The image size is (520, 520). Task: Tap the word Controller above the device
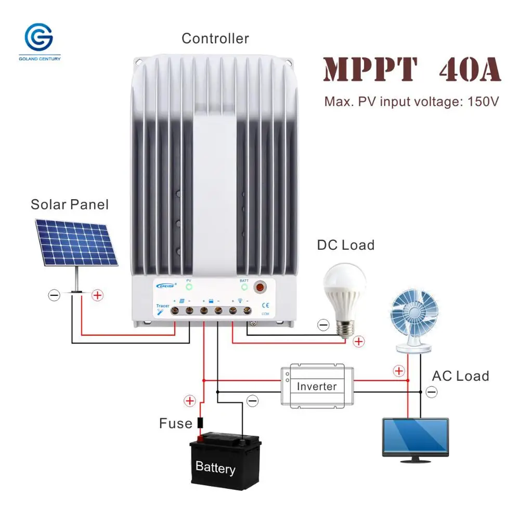click(x=215, y=38)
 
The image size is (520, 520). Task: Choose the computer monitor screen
click(x=415, y=437)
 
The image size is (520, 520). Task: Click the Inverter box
click(x=317, y=386)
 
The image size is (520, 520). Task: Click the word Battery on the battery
click(x=215, y=467)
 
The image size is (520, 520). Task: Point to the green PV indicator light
click(x=189, y=287)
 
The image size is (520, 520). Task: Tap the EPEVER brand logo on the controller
click(x=165, y=285)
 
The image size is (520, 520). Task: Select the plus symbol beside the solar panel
click(x=97, y=295)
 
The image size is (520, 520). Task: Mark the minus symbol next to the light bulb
click(x=323, y=326)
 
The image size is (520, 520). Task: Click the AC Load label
click(x=460, y=376)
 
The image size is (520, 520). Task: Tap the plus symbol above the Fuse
click(x=190, y=401)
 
